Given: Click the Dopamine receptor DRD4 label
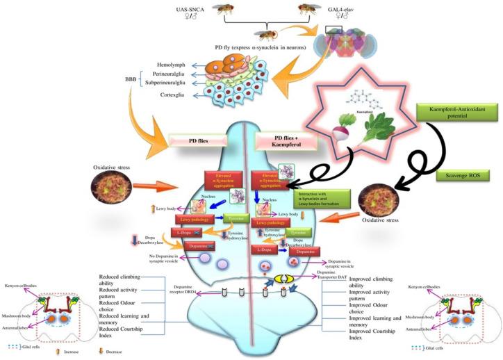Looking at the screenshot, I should click(182, 291).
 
